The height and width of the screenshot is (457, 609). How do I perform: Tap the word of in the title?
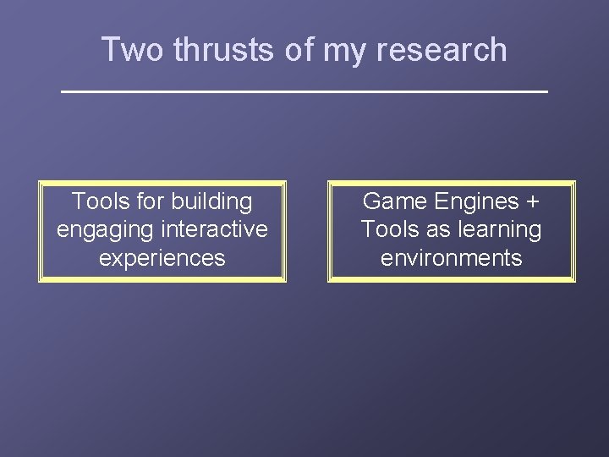coord(299,50)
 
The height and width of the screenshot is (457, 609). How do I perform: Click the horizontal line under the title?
coord(304,90)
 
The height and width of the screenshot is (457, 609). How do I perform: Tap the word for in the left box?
coord(151,201)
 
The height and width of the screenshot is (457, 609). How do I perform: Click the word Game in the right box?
coord(393,201)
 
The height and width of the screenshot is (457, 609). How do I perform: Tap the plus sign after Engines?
coord(532,202)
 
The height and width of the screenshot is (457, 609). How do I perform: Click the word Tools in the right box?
coord(389,229)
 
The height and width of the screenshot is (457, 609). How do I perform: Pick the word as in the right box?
coord(438,230)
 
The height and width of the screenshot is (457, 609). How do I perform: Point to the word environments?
coord(451,258)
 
